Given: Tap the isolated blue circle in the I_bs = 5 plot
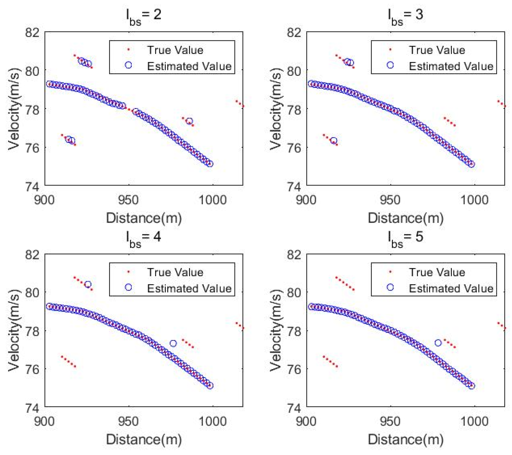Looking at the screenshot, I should pos(438,343).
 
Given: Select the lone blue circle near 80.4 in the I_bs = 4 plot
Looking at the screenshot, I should pos(88,284).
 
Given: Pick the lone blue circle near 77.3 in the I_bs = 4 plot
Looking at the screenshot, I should pos(173,343).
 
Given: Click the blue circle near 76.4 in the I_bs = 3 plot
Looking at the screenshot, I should pos(334,141).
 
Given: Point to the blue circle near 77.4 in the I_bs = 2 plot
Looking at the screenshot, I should pos(190,121).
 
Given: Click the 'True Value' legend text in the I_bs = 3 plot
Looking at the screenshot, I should pos(437,50).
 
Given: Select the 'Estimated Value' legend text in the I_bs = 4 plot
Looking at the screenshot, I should pos(189,289).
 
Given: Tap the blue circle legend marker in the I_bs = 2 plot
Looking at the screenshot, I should pos(128,65).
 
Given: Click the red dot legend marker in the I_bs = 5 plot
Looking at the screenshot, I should pos(390,272).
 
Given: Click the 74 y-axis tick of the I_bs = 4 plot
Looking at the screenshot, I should pos(32,408).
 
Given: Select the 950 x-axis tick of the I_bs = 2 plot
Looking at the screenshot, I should pos(128,200).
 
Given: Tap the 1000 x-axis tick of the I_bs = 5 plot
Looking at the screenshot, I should pos(474,422).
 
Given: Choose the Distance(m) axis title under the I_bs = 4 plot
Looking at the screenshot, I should pos(144,439).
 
